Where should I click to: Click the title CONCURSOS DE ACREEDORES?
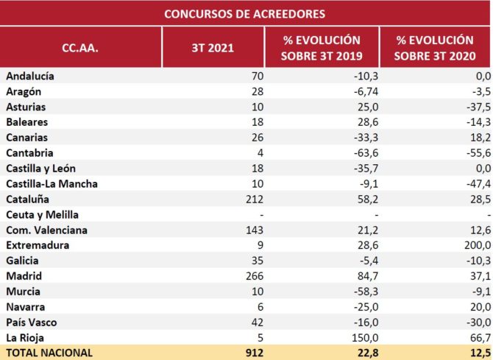pos(244,13)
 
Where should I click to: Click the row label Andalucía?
pos(30,76)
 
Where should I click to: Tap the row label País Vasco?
pos(32,322)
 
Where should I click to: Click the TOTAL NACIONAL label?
pos(49,353)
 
